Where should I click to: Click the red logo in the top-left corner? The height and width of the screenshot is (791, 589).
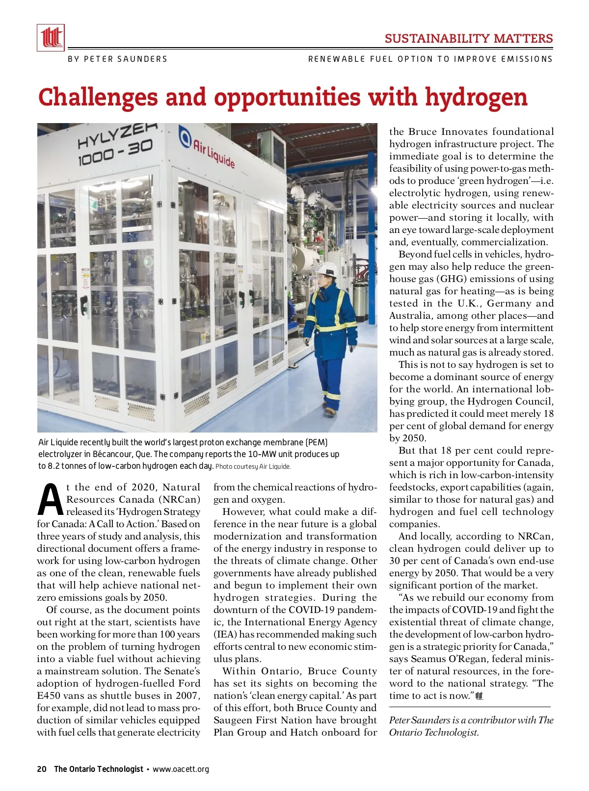[x=51, y=38]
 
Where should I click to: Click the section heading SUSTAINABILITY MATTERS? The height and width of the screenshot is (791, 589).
[x=469, y=39]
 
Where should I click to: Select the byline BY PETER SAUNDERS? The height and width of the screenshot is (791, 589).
[x=117, y=59]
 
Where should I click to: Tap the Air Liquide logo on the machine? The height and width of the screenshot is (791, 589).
[x=207, y=147]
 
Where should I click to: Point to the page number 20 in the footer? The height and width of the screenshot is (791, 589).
[x=42, y=769]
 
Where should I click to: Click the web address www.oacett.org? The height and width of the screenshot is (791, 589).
[x=181, y=769]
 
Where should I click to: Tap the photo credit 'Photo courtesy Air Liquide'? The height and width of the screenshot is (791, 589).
[x=253, y=466]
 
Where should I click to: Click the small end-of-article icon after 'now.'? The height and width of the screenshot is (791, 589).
[x=480, y=696]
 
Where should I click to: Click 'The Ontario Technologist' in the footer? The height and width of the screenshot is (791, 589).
[x=99, y=769]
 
